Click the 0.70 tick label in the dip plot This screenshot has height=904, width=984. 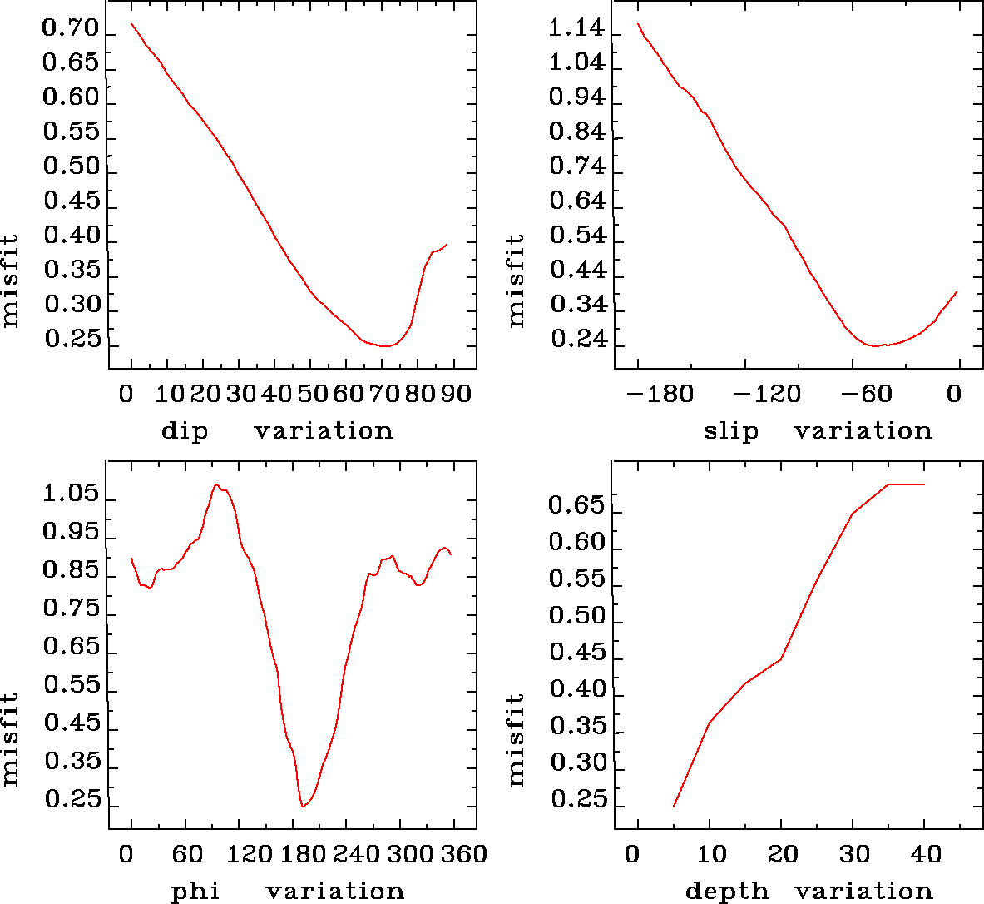[x=71, y=29]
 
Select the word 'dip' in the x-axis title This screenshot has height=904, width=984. [x=184, y=431]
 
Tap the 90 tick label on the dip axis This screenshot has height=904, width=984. [x=455, y=393]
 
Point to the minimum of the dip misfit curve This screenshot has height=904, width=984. [x=384, y=346]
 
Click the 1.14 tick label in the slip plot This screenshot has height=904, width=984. [x=576, y=29]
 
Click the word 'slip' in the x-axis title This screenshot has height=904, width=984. [x=731, y=431]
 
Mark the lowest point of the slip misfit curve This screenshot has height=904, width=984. [x=875, y=345]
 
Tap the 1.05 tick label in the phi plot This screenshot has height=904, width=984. [x=71, y=494]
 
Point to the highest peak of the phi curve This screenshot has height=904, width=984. [x=216, y=484]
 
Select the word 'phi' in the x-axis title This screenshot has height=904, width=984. [x=195, y=892]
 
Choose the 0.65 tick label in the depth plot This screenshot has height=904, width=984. [x=576, y=505]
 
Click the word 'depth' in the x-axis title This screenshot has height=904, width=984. [x=727, y=892]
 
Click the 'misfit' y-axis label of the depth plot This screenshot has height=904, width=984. [x=517, y=740]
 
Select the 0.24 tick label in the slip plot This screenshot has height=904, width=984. [x=576, y=340]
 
